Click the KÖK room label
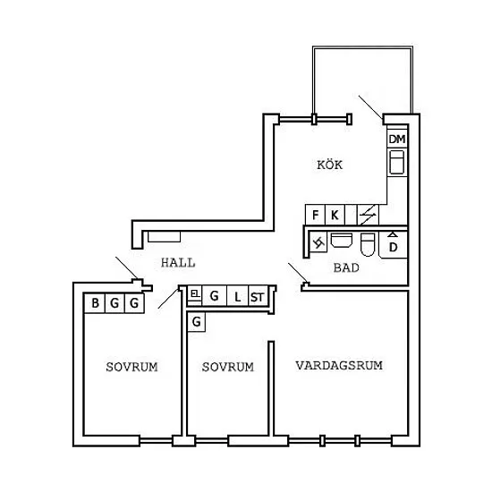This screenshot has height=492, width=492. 329,165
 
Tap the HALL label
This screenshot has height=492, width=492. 178,263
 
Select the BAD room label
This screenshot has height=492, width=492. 346,268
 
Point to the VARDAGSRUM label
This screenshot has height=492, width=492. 339,365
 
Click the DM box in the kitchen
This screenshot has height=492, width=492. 397,139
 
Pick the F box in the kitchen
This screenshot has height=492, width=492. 316,215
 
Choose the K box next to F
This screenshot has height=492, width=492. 335,215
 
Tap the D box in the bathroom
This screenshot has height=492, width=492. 394,245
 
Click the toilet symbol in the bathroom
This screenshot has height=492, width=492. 368,244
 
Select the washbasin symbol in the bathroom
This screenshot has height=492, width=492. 342,240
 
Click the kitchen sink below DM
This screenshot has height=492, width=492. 396,162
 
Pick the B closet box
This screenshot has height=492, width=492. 95,303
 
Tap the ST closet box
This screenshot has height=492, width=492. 258,296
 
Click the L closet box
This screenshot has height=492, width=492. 237,296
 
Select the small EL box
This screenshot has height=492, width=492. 195,293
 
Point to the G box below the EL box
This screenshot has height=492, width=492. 197,322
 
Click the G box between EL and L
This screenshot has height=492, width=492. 215,295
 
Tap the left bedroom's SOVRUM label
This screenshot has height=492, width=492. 131,367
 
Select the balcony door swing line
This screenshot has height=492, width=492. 371,107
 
